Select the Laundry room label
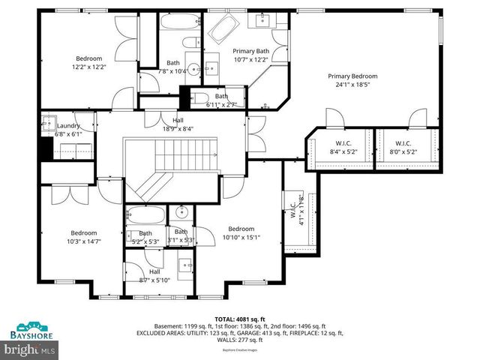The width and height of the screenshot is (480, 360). pos(68,126)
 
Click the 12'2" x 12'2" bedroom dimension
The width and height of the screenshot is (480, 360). pos(88,67)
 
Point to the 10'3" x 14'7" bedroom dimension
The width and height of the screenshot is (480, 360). pos(84,241)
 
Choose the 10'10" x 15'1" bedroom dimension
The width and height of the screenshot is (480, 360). pos(241,238)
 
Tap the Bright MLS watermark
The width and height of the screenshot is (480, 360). pos(30,349)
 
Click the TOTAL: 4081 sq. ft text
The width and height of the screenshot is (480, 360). pos(239,319)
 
